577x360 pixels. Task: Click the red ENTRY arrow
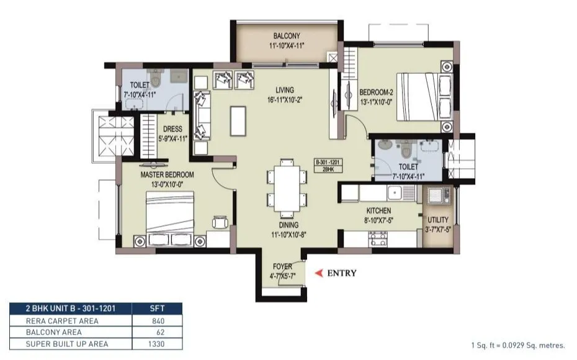pos(320,272)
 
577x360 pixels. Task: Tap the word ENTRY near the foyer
pos(341,272)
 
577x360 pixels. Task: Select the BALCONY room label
pos(287,36)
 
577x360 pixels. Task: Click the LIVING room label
pos(285,90)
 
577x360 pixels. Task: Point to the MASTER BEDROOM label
pos(167,175)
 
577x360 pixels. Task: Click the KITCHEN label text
pos(378,211)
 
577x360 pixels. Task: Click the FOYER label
pos(282,267)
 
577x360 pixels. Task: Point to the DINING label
pos(288,225)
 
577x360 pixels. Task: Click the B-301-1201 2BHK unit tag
pos(329,166)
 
